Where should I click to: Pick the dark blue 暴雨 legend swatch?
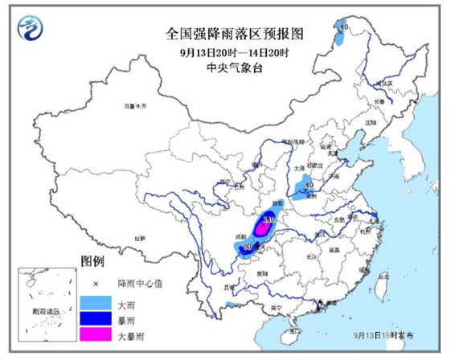click(94, 318)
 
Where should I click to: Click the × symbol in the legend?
click(94, 284)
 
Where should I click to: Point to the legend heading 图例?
click(92, 262)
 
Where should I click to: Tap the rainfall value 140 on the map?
click(269, 219)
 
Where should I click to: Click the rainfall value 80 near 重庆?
click(248, 247)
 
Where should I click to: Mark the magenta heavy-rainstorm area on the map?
click(263, 228)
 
